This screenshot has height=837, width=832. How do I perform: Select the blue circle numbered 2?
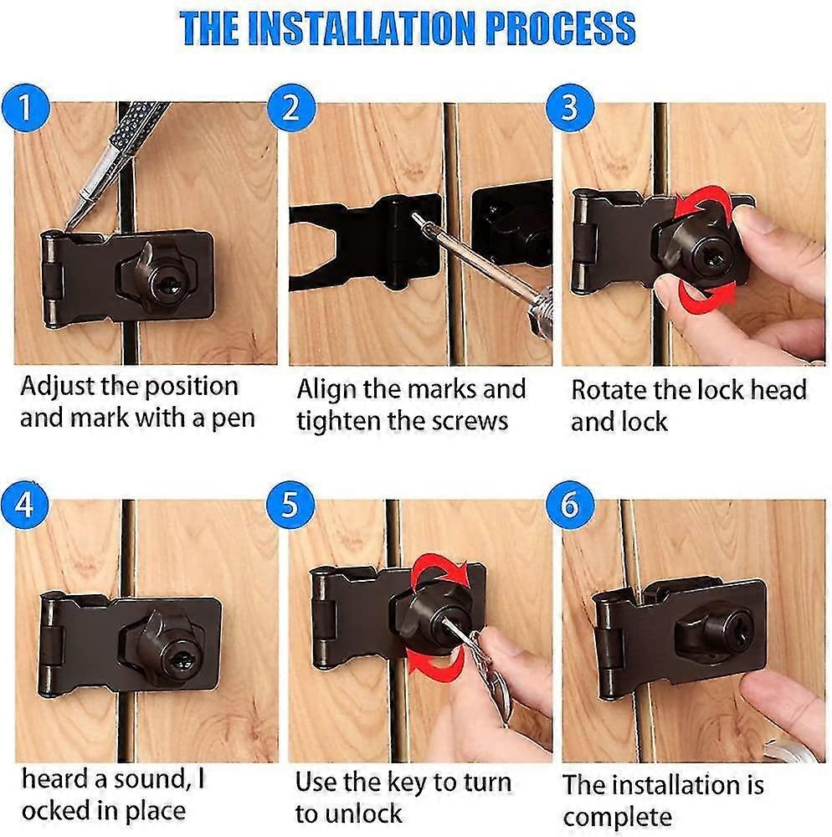click(289, 109)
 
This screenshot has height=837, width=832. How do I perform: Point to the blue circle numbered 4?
click(25, 506)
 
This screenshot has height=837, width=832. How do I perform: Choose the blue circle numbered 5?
click(289, 506)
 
